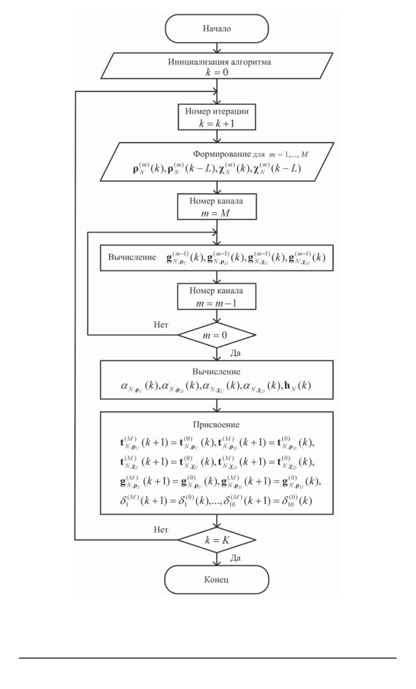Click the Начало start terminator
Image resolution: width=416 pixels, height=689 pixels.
pos(217,29)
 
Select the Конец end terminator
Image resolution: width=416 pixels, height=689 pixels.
pos(217,579)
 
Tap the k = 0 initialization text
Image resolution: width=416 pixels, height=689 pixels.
pos(217,72)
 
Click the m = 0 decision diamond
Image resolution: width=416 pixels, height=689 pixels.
pos(217,335)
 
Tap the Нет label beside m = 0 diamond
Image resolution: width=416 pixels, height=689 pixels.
pos(162,325)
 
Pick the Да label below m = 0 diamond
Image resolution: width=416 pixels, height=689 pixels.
pos(234,353)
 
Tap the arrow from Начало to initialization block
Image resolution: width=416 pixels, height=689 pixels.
pos(217,48)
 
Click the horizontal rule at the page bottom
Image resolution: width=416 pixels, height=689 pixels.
pos(208,658)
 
